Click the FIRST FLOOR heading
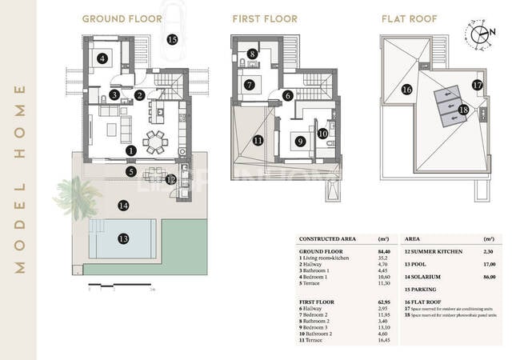(x=264, y=18)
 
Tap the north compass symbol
(x=482, y=34)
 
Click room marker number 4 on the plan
(x=102, y=58)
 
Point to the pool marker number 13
(x=122, y=238)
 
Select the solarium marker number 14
(x=122, y=206)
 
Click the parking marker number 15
(x=172, y=38)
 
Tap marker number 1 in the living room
(x=131, y=150)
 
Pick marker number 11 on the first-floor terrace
(x=257, y=141)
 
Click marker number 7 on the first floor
(x=249, y=84)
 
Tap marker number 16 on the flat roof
(x=406, y=90)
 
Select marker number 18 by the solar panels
(x=463, y=110)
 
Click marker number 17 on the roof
(x=477, y=84)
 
